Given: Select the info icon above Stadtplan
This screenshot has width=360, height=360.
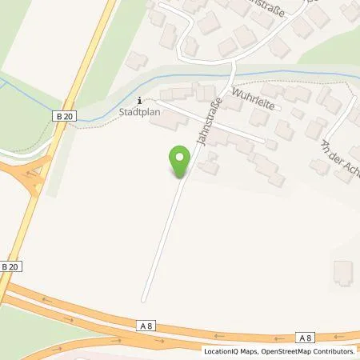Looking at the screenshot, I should pyautogui.click(x=142, y=101).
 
